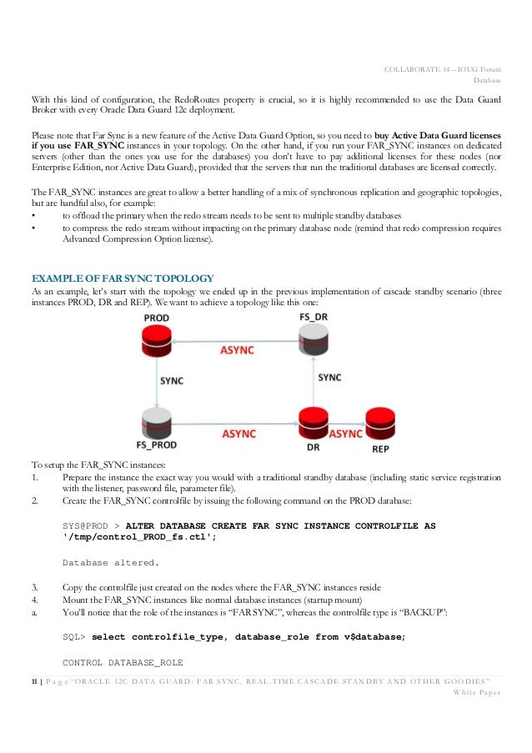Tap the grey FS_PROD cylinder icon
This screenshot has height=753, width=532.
pyautogui.click(x=156, y=423)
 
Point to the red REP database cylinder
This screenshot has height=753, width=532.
pyautogui.click(x=380, y=423)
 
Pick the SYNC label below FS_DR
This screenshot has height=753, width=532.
pyautogui.click(x=329, y=377)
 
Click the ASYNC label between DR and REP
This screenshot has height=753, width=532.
pyautogui.click(x=344, y=434)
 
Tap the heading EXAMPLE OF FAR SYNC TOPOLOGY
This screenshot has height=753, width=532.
pyautogui.click(x=122, y=277)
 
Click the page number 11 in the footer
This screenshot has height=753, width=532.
pyautogui.click(x=34, y=681)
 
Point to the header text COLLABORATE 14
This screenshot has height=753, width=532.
pyautogui.click(x=419, y=69)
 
